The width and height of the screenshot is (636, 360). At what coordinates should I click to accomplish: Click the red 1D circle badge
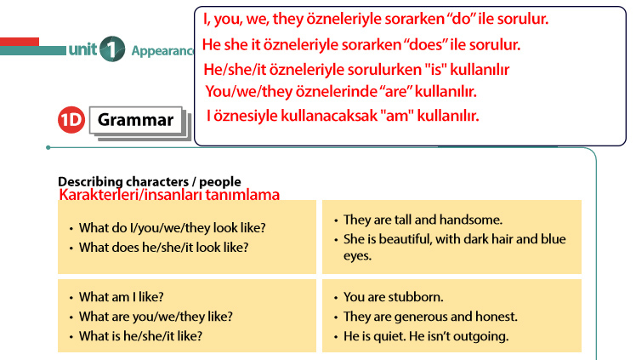(71, 120)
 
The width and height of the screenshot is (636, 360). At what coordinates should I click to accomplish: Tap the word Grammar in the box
(135, 120)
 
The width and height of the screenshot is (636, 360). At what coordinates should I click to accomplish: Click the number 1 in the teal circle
(112, 49)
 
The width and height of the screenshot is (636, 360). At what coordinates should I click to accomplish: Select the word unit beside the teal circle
(82, 49)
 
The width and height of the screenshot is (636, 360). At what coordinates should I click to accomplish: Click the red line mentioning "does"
(361, 44)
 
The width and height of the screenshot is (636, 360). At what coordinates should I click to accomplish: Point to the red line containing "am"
(343, 116)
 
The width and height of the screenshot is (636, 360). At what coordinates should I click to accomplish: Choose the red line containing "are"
(341, 91)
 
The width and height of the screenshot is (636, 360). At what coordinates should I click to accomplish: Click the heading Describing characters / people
(150, 181)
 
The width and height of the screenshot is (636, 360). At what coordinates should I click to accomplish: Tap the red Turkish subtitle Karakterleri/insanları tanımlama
(169, 194)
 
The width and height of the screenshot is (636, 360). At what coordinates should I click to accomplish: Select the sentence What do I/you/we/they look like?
(173, 228)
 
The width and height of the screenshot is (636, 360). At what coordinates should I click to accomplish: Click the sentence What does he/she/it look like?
(163, 247)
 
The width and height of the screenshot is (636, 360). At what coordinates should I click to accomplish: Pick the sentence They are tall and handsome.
(423, 220)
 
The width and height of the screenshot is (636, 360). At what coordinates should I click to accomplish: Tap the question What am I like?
(122, 297)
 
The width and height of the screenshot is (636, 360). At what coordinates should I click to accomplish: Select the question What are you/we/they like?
(156, 316)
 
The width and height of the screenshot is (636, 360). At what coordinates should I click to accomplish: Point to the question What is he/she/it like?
(140, 335)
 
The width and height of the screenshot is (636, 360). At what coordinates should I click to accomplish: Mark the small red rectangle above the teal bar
(20, 42)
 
